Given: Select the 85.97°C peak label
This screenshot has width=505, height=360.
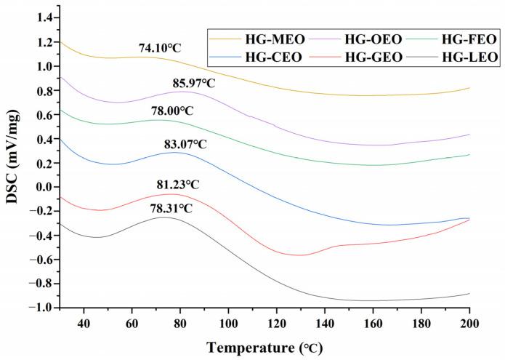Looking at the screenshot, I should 193,84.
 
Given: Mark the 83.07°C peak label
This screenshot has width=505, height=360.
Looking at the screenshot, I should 185,145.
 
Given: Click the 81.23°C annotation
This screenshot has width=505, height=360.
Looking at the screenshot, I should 178,185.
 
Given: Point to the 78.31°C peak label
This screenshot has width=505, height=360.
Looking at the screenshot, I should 171,209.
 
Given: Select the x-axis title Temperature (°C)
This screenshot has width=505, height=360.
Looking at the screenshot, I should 264,347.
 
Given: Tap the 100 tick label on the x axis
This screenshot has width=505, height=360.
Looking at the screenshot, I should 228,322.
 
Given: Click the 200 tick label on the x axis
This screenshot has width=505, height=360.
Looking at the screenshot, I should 469,322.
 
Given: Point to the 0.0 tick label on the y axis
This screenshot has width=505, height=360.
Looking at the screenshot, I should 45,187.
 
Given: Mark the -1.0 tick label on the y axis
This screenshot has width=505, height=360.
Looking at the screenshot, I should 42,308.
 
